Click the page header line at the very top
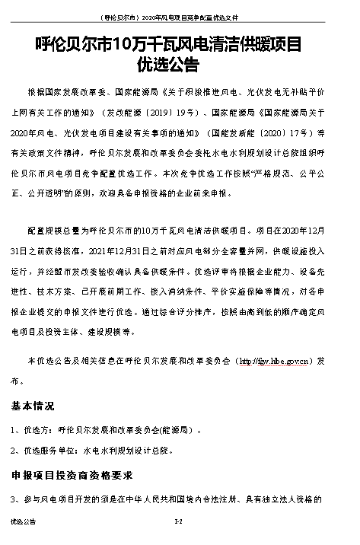pos(179,14)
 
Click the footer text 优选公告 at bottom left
pos(23,524)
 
